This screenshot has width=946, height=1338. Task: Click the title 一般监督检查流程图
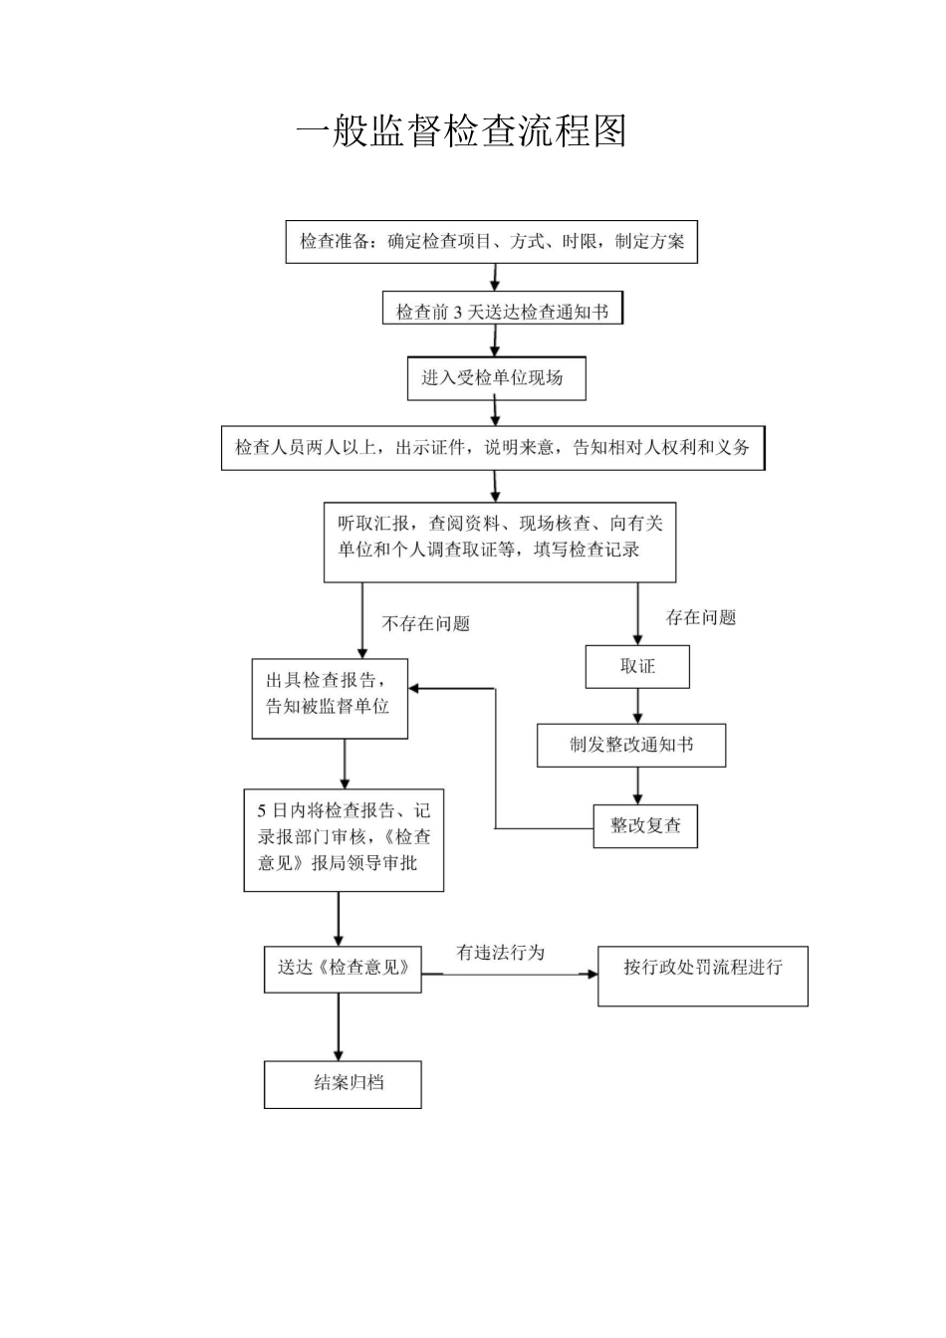point(462,131)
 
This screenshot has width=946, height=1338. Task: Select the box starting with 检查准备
point(492,242)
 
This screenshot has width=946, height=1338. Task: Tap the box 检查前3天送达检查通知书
point(502,312)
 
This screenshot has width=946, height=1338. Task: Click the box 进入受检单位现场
point(496,378)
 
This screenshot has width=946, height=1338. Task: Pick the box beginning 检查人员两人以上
point(492,448)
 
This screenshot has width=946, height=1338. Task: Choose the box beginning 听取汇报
point(500,542)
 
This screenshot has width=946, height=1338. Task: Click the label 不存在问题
point(425,624)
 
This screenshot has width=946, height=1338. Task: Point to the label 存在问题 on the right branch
point(701,618)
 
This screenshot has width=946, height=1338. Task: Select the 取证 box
point(637,667)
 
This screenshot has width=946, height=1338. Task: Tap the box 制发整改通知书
point(631,746)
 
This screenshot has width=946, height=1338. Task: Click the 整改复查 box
point(645,826)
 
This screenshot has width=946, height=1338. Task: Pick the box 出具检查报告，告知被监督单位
point(330,698)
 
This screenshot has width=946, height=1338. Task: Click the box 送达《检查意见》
point(343,969)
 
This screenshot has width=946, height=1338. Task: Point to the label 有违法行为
point(500,953)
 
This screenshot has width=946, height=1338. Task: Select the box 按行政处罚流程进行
point(703,976)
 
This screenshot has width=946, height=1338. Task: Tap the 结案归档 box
point(343,1084)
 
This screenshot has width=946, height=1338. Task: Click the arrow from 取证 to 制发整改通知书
point(638,706)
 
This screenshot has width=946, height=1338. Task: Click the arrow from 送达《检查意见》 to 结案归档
point(339,1026)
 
